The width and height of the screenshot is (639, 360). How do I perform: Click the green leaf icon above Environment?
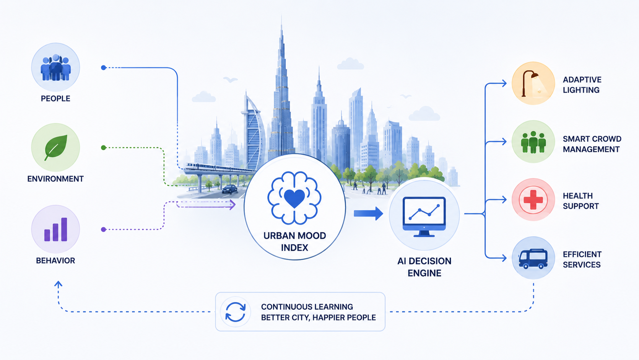[x=56, y=147]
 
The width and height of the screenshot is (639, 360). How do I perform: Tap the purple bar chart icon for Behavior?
[x=55, y=230]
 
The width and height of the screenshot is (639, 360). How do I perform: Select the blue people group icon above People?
[x=55, y=68]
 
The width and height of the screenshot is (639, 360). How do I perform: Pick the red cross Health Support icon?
[x=533, y=200]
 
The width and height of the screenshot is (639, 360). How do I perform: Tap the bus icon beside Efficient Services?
[x=533, y=259]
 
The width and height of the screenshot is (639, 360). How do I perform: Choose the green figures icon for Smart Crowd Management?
[x=533, y=142]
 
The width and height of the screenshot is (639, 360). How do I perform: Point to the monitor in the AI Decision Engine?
[x=424, y=217]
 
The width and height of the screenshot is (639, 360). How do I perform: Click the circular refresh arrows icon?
[x=235, y=312]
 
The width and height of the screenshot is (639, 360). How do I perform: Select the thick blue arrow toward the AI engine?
[x=368, y=213]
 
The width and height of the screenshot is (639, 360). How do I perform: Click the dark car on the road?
[x=230, y=189]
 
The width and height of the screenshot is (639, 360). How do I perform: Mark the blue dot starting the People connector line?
[x=104, y=68]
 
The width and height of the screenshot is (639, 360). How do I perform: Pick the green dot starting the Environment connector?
[x=104, y=148]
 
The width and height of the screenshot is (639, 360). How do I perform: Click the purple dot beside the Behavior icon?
[x=104, y=230]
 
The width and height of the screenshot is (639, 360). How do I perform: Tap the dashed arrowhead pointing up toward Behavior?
[x=58, y=284]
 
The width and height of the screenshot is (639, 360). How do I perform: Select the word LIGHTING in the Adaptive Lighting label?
[x=581, y=90]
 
